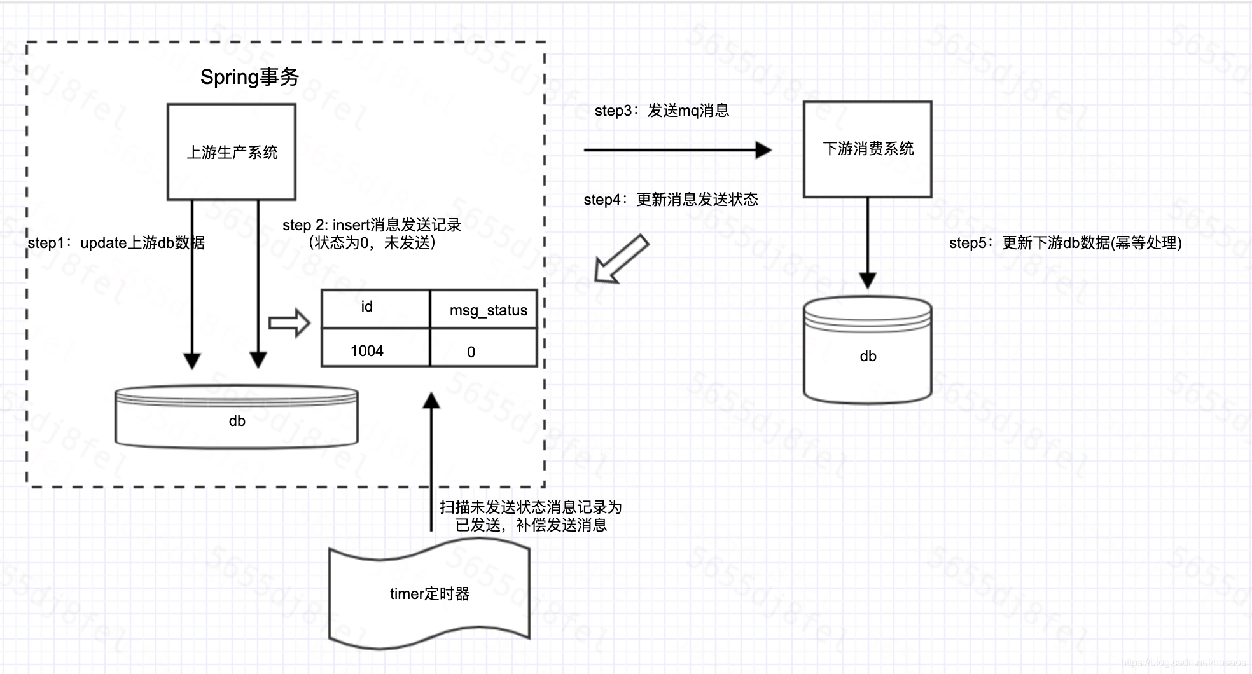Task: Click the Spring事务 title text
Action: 249,78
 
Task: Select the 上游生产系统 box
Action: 232,152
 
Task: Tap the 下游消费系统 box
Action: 868,149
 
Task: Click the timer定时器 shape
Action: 429,594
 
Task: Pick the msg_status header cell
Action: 484,310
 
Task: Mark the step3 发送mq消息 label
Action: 662,111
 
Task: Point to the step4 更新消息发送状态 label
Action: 671,200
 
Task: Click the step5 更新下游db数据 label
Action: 1065,243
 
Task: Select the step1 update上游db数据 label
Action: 116,243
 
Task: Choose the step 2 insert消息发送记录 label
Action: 372,233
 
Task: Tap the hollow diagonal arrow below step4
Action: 621,258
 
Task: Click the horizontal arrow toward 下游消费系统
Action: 677,150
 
